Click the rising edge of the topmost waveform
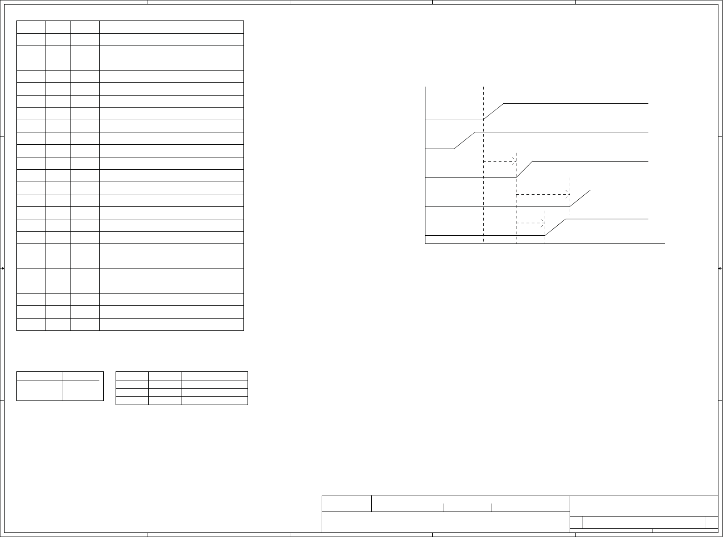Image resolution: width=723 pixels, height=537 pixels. point(494,111)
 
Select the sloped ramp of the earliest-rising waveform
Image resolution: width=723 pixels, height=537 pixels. point(465,140)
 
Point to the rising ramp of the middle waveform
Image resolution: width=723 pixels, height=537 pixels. point(524,169)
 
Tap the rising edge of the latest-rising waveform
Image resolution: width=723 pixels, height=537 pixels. point(581,198)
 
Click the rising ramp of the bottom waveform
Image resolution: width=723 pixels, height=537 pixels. point(556,227)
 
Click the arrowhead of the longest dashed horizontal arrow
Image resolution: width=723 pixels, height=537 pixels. point(568,194)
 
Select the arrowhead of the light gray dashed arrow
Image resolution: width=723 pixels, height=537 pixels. point(543,223)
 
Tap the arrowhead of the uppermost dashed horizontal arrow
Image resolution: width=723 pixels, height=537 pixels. point(514,161)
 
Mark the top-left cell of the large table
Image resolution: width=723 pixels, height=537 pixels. point(31,27)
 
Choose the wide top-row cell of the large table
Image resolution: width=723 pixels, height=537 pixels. point(171,27)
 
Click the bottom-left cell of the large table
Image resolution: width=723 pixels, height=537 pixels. point(31,324)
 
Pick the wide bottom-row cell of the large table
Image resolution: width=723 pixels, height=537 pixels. point(171,324)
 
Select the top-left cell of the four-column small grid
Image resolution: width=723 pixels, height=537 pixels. point(132,376)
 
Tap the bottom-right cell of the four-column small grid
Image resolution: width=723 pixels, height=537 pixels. point(231,400)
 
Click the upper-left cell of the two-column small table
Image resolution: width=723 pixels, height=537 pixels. point(39,375)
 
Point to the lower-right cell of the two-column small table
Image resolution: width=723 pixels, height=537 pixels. point(82,390)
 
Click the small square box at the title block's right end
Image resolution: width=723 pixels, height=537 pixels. point(712,522)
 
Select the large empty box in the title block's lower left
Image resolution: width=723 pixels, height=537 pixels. point(445,522)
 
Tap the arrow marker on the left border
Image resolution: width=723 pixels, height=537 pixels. point(3,268)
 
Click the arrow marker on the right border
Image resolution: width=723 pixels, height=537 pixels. point(720,268)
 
